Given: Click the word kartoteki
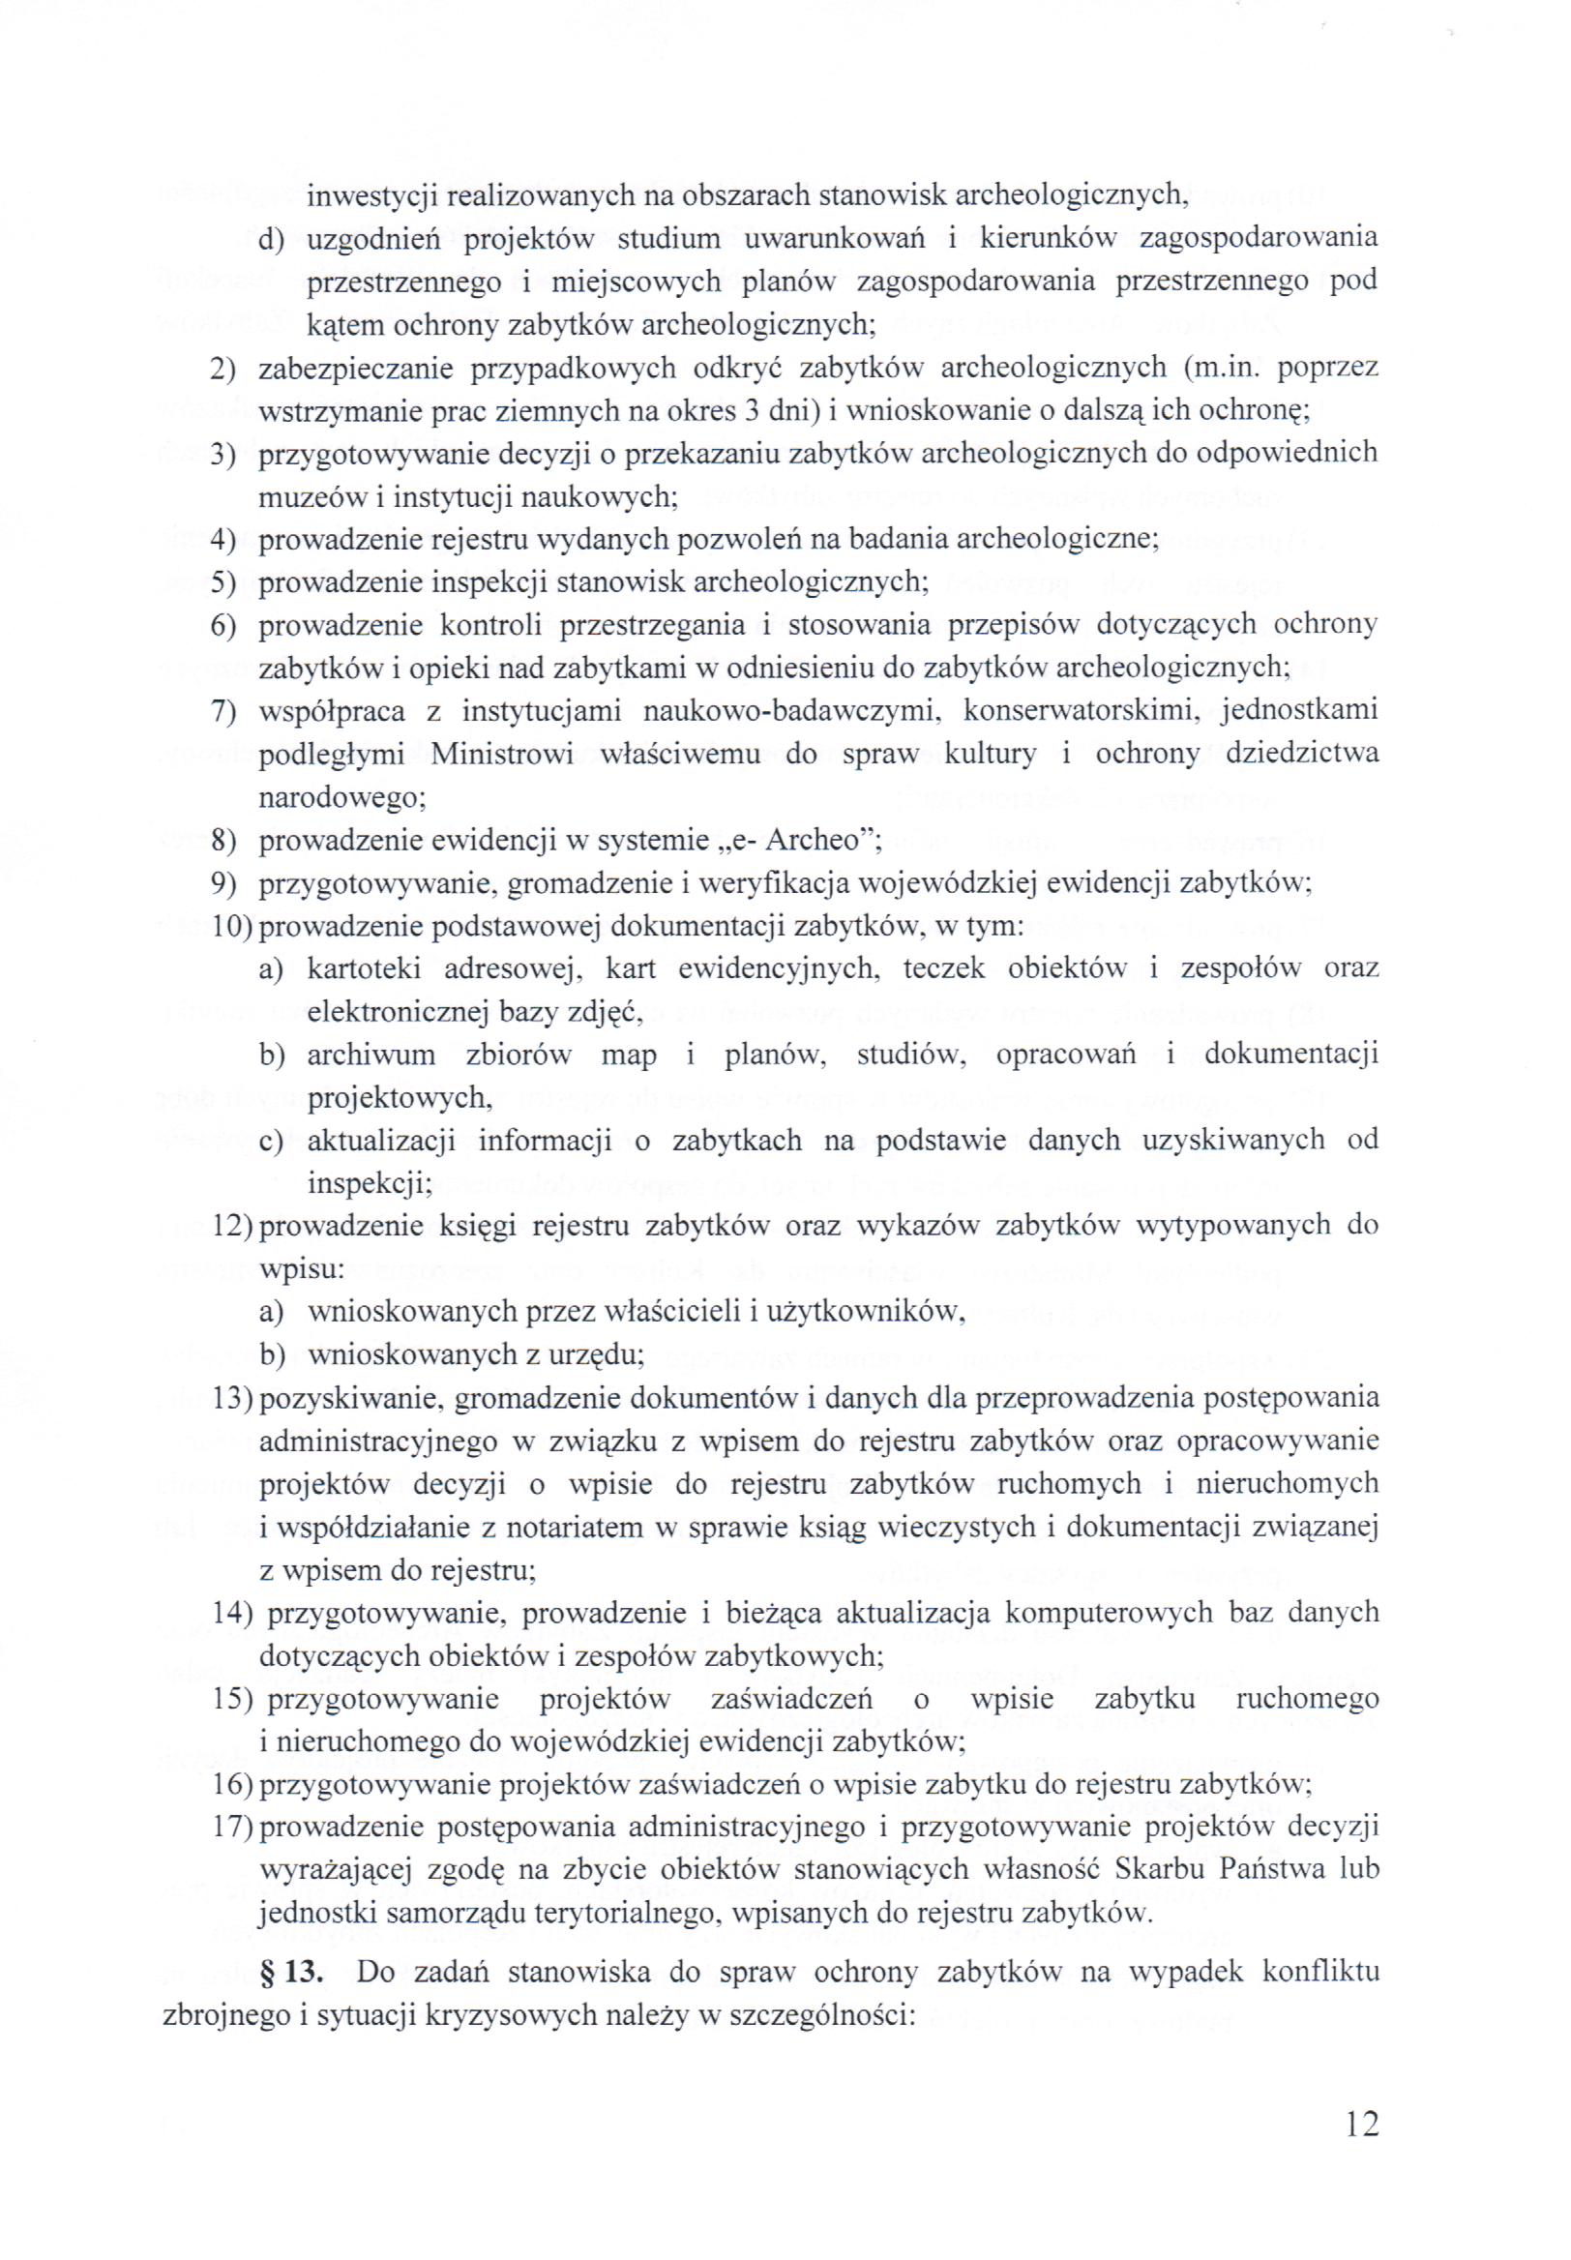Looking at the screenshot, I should point(364,968).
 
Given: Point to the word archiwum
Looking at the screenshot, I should point(371,1056).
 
